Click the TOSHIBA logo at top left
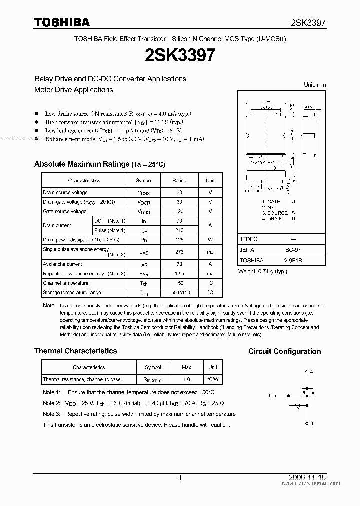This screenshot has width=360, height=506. tap(62, 22)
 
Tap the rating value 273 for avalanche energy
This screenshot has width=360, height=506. tap(179, 252)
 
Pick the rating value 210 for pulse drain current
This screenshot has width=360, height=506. tap(179, 230)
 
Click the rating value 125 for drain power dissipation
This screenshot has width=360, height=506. tap(179, 240)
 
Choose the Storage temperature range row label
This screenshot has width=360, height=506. tap(72, 293)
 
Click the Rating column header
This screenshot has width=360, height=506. tap(179, 181)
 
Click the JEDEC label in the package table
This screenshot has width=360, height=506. tap(248, 239)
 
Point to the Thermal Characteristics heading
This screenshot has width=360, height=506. tap(75, 351)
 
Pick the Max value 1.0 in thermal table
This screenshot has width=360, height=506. tap(186, 379)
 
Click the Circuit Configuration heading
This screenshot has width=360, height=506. tap(285, 352)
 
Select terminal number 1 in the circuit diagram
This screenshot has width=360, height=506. tap(269, 396)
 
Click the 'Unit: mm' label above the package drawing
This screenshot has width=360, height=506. tap(315, 85)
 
